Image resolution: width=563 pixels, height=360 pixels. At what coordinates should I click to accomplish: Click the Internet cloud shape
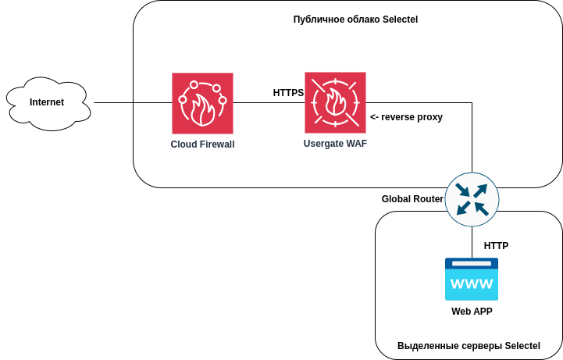48,102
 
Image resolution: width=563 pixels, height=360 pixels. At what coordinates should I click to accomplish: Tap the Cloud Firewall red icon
202,103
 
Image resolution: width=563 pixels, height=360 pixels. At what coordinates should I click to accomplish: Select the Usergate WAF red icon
335,102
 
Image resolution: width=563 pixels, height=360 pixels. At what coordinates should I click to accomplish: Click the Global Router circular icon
472,198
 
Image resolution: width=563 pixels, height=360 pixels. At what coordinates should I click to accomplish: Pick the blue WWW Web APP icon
472,279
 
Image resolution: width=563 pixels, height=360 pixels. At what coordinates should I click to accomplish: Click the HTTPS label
288,93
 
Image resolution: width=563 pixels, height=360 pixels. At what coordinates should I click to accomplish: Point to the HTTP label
496,246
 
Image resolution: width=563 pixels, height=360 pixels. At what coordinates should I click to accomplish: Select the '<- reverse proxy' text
406,117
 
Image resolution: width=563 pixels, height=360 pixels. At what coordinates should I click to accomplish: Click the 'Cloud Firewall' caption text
202,144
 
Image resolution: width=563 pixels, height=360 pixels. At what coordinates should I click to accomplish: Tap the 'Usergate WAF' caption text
335,144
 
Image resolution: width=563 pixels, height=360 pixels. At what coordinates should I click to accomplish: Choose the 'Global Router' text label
412,199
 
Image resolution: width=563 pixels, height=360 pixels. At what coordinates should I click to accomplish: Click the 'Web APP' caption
472,312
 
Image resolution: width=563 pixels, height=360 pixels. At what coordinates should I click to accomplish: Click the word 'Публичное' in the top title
315,19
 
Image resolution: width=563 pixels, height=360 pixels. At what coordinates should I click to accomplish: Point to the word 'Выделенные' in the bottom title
422,346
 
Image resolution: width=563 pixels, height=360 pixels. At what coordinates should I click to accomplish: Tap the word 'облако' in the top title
358,19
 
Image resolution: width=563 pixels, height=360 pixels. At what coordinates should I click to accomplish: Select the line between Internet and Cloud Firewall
133,102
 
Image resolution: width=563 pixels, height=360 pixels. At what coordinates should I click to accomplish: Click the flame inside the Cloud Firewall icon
205,111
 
